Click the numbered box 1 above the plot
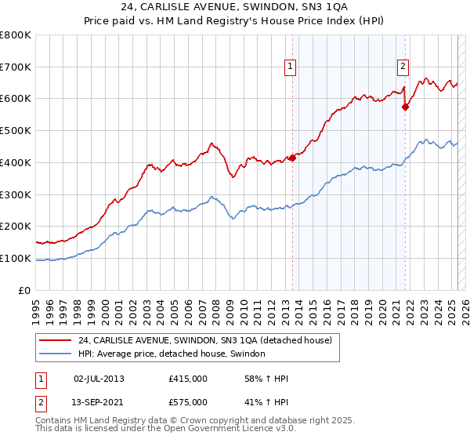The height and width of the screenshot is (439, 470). coord(291,67)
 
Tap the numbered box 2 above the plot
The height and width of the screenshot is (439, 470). coord(403,67)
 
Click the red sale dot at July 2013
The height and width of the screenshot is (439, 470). coord(292,158)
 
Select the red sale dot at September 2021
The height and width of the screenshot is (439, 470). coord(405,107)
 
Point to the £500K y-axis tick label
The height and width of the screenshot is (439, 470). coord(16,131)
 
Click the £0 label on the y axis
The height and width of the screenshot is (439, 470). coord(25,290)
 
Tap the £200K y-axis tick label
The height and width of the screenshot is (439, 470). coord(16,227)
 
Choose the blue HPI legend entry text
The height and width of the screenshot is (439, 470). coord(172,354)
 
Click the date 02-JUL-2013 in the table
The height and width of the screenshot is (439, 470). coord(99,379)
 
